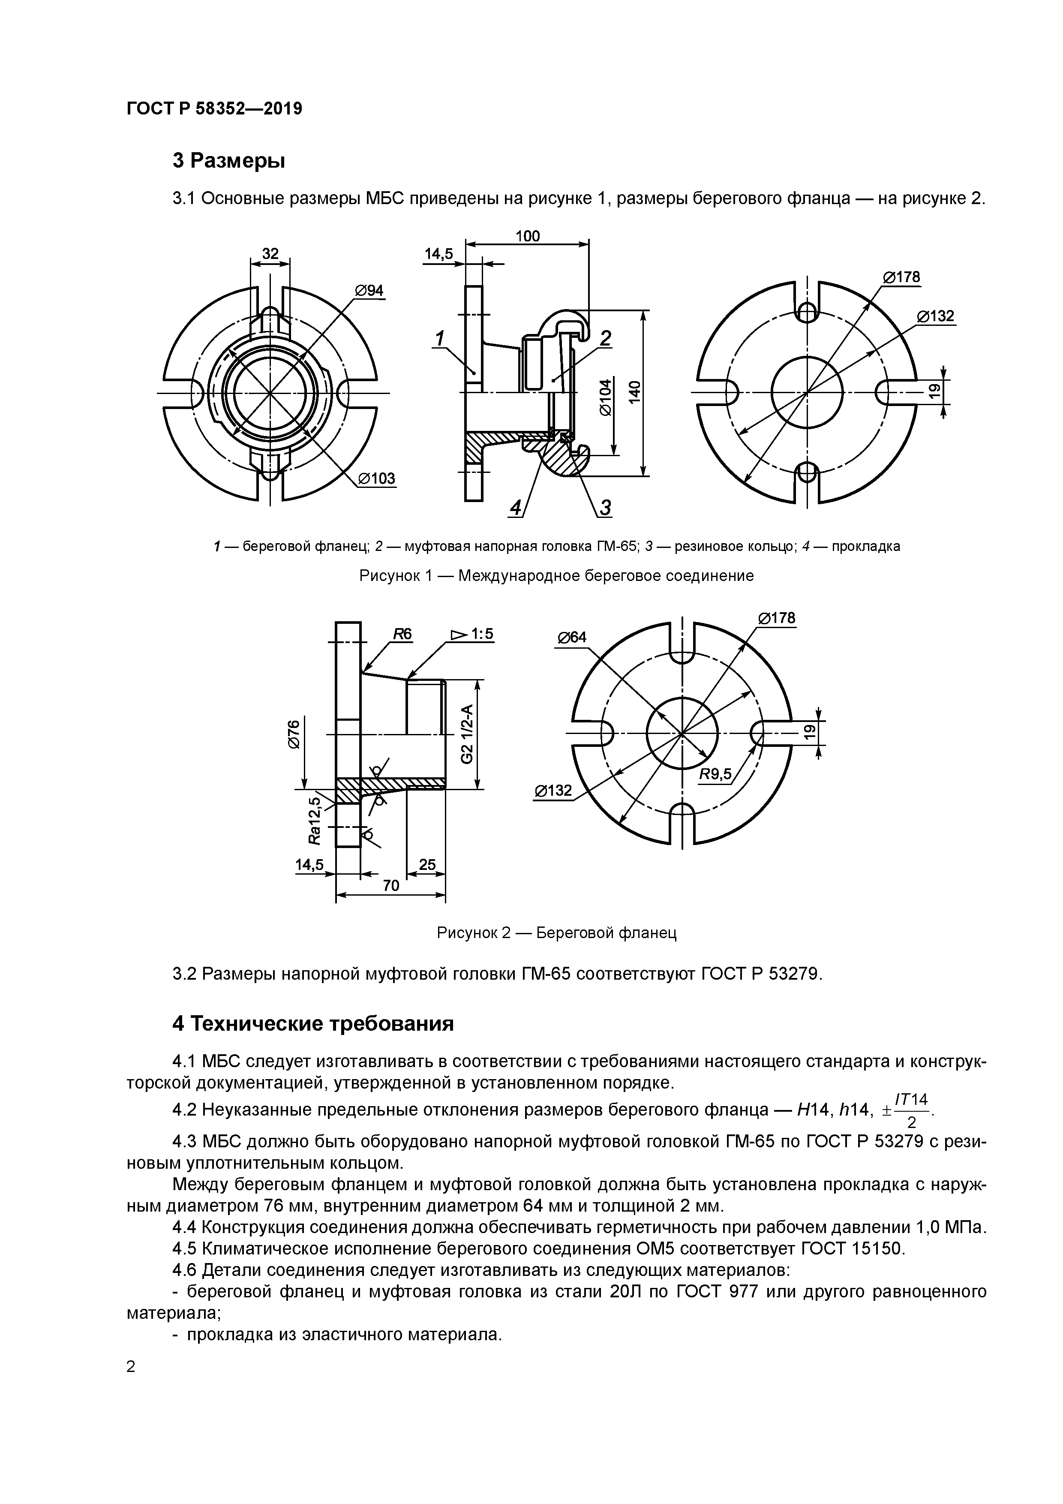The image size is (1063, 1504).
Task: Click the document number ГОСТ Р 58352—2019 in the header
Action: click(x=214, y=109)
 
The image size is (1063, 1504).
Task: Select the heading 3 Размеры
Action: click(x=228, y=160)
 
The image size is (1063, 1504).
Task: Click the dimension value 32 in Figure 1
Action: click(x=270, y=253)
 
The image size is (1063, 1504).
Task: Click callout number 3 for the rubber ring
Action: click(x=605, y=507)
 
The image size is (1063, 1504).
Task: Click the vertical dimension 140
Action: click(x=634, y=392)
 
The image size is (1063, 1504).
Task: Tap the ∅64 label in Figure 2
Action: click(x=572, y=638)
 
